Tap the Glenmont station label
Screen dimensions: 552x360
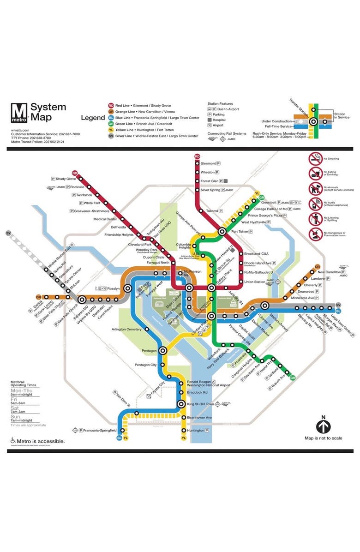click(x=208, y=163)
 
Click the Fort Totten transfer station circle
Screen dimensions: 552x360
click(x=222, y=231)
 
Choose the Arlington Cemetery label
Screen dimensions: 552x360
click(x=126, y=329)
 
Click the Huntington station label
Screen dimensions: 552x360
click(x=196, y=431)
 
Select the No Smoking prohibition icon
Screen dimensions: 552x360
click(x=316, y=159)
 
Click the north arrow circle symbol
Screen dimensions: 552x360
click(x=323, y=426)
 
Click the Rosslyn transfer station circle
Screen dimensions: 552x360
click(x=127, y=288)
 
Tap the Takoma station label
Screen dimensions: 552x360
click(x=212, y=211)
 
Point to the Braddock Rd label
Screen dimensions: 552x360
click(x=197, y=392)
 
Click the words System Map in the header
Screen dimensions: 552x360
click(x=48, y=112)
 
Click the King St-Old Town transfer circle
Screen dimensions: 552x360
click(x=181, y=404)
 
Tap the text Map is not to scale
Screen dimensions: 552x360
click(x=323, y=438)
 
